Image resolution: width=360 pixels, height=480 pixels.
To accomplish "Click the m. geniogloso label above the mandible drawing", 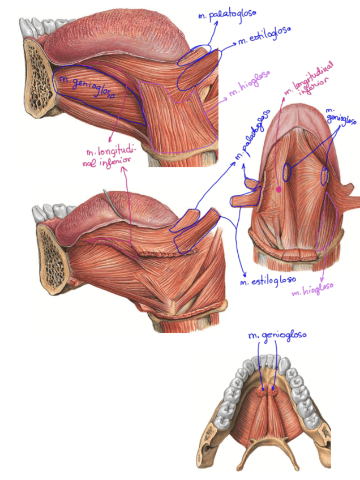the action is point(277,336).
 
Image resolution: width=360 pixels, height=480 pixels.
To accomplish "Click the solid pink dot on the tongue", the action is point(278,190).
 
